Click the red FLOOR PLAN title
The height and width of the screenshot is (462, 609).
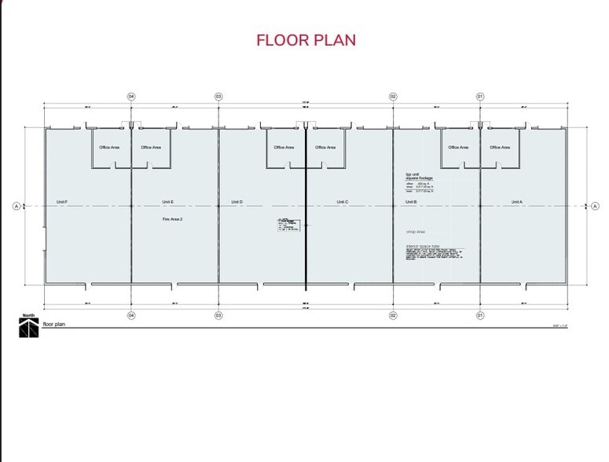point(306,40)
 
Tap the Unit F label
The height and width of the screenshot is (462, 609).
point(62,202)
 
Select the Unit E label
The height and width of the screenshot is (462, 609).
point(168,202)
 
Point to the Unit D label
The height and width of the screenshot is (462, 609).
point(237,202)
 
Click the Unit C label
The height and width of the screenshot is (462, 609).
point(343,202)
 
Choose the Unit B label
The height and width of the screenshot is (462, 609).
point(411,202)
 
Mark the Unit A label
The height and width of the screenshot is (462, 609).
point(516,202)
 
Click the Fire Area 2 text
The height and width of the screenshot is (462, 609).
point(172,219)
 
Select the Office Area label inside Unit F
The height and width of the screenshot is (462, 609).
point(109,147)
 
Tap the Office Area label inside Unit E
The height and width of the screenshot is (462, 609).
point(151,147)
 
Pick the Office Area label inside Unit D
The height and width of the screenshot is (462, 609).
point(284,147)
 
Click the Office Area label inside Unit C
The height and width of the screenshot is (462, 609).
point(325,147)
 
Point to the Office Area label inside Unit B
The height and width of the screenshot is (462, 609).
point(458,147)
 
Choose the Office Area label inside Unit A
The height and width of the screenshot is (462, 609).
point(500,147)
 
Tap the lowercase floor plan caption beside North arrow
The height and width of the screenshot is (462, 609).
point(54,324)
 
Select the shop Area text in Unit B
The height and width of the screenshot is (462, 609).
point(415,233)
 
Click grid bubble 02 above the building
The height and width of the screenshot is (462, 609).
point(393,97)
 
